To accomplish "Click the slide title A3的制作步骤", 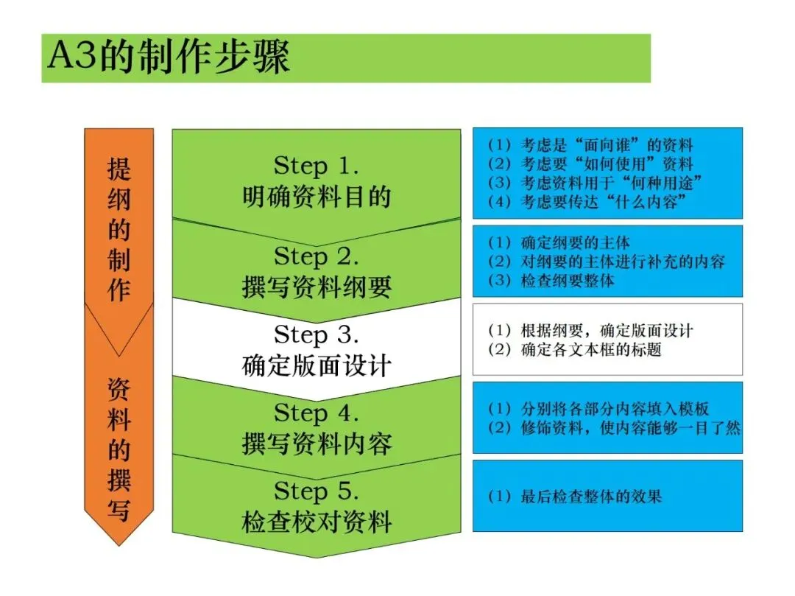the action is click(x=169, y=58).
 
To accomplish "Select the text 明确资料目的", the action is click(x=317, y=197).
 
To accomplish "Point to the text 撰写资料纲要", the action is click(x=317, y=287).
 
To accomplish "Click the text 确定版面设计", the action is click(x=317, y=366).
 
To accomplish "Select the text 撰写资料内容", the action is click(x=317, y=444).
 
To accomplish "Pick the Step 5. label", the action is click(x=317, y=491).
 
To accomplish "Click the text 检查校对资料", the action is click(x=317, y=522).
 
